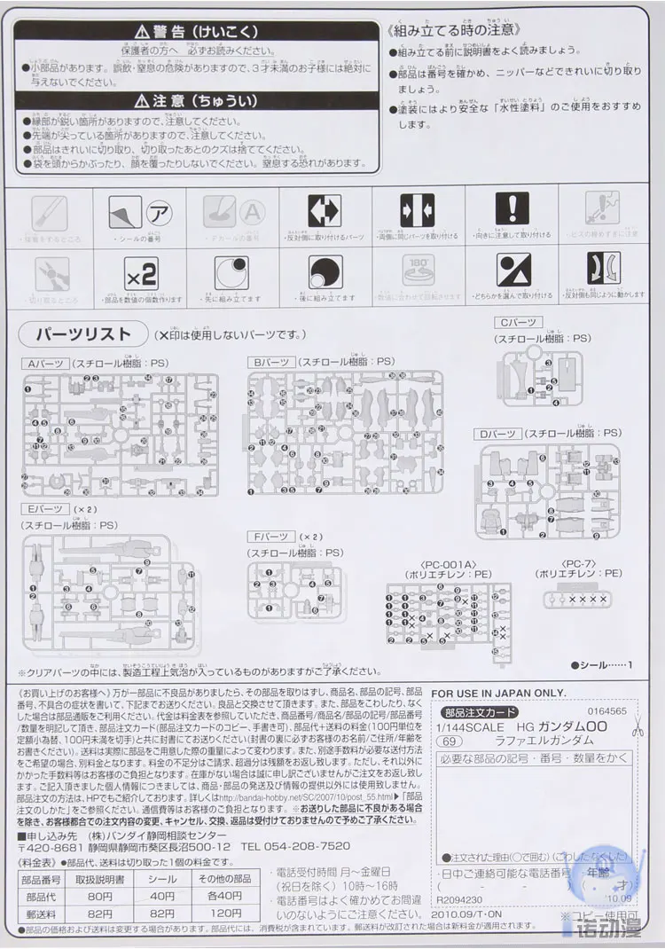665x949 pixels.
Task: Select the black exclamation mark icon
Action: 512,208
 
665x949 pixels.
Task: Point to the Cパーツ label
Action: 518,324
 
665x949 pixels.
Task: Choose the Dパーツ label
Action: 497,434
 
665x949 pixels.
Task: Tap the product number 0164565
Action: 606,711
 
